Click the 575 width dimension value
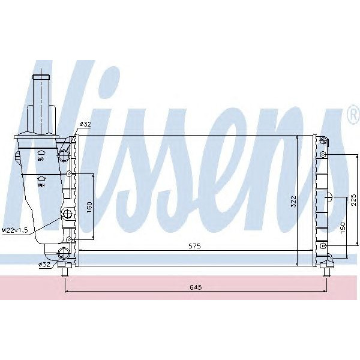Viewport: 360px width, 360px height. tap(194, 246)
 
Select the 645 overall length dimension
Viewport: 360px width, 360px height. tap(195, 287)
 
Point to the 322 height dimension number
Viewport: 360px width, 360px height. tap(293, 202)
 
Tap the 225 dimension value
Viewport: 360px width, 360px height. tap(354, 200)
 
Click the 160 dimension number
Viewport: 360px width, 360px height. tap(89, 207)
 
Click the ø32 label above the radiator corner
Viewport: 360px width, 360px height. tap(85, 124)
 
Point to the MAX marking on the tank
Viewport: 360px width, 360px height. tap(40, 160)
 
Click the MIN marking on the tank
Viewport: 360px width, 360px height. tap(40, 185)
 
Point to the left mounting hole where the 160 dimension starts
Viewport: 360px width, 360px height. tap(70, 174)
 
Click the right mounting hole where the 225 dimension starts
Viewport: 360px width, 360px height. tap(323, 155)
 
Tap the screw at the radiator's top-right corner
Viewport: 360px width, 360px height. tap(323, 142)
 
